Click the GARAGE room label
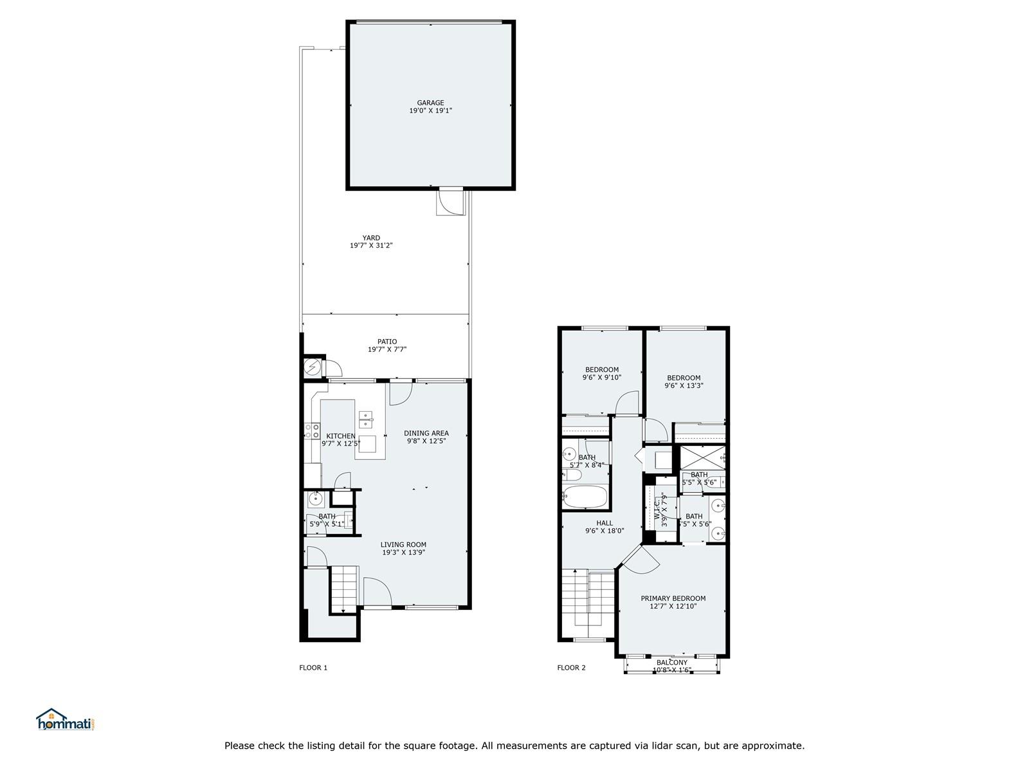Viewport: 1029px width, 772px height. click(430, 103)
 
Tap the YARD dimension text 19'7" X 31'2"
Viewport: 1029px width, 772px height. click(371, 245)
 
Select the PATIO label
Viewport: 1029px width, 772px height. click(387, 342)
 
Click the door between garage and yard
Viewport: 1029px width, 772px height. click(451, 201)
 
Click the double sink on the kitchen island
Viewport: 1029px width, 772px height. click(366, 419)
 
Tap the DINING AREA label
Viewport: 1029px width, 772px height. click(426, 433)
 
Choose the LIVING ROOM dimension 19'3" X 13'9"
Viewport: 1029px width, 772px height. click(403, 552)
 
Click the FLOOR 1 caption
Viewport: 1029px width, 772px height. click(313, 668)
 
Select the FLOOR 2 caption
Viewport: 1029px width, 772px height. click(571, 668)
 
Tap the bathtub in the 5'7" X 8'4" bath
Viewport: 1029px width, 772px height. click(585, 497)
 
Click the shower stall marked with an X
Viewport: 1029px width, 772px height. click(702, 458)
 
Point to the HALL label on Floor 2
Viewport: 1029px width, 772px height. click(605, 523)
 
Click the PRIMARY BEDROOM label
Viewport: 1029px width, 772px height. click(673, 598)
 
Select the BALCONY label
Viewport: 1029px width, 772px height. click(672, 663)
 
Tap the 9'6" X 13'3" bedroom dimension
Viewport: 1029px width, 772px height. click(684, 386)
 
